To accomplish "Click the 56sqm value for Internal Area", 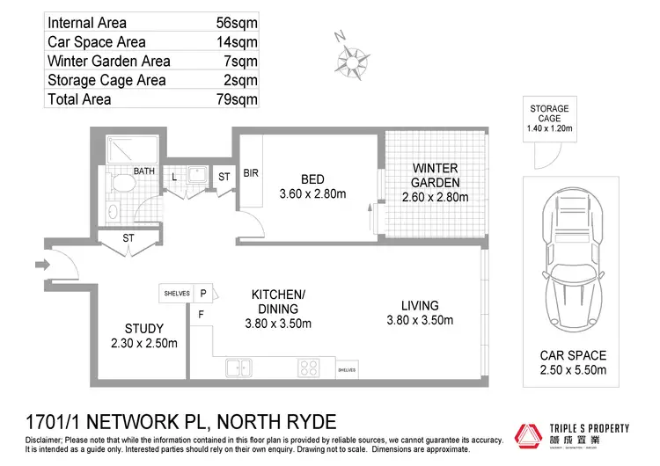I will (237, 23).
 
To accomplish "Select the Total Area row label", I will (79, 99).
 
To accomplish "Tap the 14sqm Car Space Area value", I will (237, 42).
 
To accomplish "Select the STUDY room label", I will (143, 329).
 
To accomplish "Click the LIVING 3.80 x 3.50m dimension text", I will (419, 321).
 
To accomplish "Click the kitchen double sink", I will (238, 368).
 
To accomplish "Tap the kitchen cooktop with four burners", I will (310, 368).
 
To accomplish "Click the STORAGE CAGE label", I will (549, 114).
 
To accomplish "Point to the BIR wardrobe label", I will (250, 173).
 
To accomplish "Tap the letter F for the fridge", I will (202, 314).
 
